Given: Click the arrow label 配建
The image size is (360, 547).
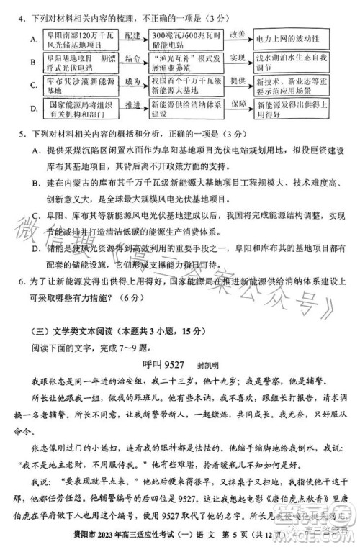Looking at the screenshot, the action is [132, 33].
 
